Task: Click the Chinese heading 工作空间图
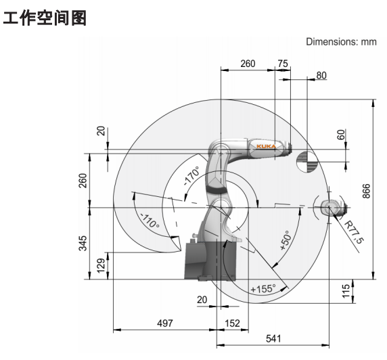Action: [45, 18]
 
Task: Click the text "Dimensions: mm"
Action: [342, 42]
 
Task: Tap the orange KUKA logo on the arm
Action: [266, 146]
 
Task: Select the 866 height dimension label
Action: [367, 191]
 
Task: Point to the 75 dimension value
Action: [283, 64]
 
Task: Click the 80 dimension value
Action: [321, 75]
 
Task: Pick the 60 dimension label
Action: [341, 135]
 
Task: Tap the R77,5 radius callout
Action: [354, 232]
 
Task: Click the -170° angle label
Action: [191, 176]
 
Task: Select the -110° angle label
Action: [150, 221]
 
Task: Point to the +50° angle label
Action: [286, 240]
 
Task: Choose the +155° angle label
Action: [263, 289]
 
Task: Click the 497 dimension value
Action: [165, 323]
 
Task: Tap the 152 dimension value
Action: [232, 323]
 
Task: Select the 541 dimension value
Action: [273, 338]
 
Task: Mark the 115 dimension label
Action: [346, 291]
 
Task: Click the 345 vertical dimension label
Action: [83, 243]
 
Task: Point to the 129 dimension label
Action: [101, 266]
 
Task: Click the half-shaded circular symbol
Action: [306, 162]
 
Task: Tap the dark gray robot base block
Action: [210, 261]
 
